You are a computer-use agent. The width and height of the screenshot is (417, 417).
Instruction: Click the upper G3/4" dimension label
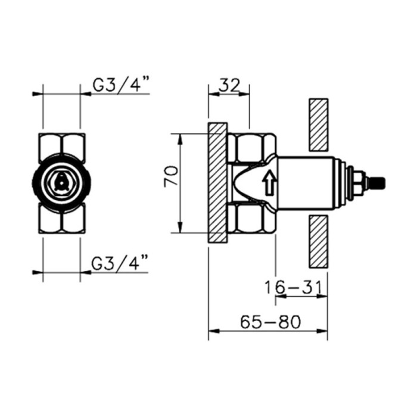[120, 86]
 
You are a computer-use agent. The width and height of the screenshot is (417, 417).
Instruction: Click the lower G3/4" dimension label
[120, 262]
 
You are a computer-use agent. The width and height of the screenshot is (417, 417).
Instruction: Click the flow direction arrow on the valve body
[269, 182]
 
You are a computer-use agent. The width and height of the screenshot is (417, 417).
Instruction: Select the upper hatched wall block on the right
[318, 124]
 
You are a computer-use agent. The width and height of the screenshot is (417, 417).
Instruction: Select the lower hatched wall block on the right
[318, 241]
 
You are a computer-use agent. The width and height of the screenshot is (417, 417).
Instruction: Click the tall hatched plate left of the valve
[217, 183]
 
